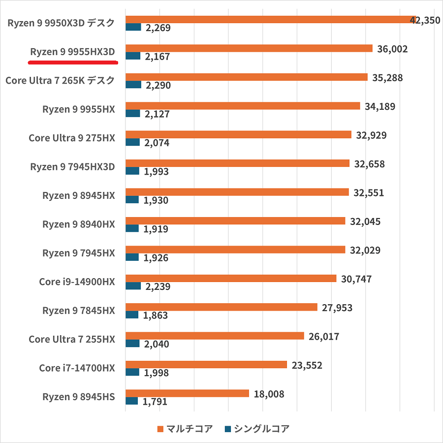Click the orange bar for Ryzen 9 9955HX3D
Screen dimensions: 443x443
coord(249,48)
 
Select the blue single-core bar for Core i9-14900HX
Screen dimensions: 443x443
coord(133,286)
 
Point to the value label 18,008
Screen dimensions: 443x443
coord(269,394)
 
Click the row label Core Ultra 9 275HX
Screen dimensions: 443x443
coord(72,138)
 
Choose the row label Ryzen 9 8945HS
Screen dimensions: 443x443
coord(79,396)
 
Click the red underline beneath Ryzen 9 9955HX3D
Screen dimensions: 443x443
coord(73,63)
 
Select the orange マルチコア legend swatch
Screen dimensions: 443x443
coord(159,429)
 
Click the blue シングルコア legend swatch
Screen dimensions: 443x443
coord(227,429)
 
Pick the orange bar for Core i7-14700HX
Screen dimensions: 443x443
coord(206,365)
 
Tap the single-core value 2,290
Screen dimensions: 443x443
coord(158,86)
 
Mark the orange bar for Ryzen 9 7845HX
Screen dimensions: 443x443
coord(221,307)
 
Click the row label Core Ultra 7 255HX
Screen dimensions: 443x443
coord(72,339)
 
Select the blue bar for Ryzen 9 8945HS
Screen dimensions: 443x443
coord(131,401)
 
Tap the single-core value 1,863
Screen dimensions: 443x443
coord(156,316)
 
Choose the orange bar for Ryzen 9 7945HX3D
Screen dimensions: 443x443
coord(237,163)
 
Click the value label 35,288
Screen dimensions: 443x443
coord(387,77)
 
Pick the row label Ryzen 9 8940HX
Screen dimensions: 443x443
coord(79,224)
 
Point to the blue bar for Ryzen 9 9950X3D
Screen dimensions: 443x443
coord(133,28)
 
